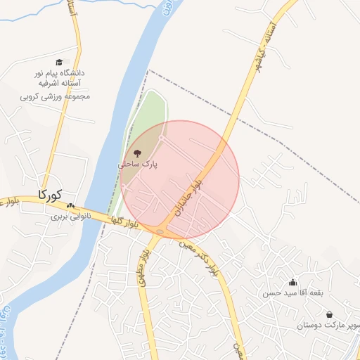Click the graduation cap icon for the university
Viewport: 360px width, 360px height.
[58, 63]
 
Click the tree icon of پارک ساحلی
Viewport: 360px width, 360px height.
[136, 153]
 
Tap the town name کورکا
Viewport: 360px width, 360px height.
[49, 193]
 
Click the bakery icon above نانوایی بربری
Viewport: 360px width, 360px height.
[70, 206]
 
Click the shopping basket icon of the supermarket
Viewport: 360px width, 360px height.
[329, 314]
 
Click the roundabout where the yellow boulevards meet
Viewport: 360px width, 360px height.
[162, 231]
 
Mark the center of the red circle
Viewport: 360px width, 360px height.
[180, 179]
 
